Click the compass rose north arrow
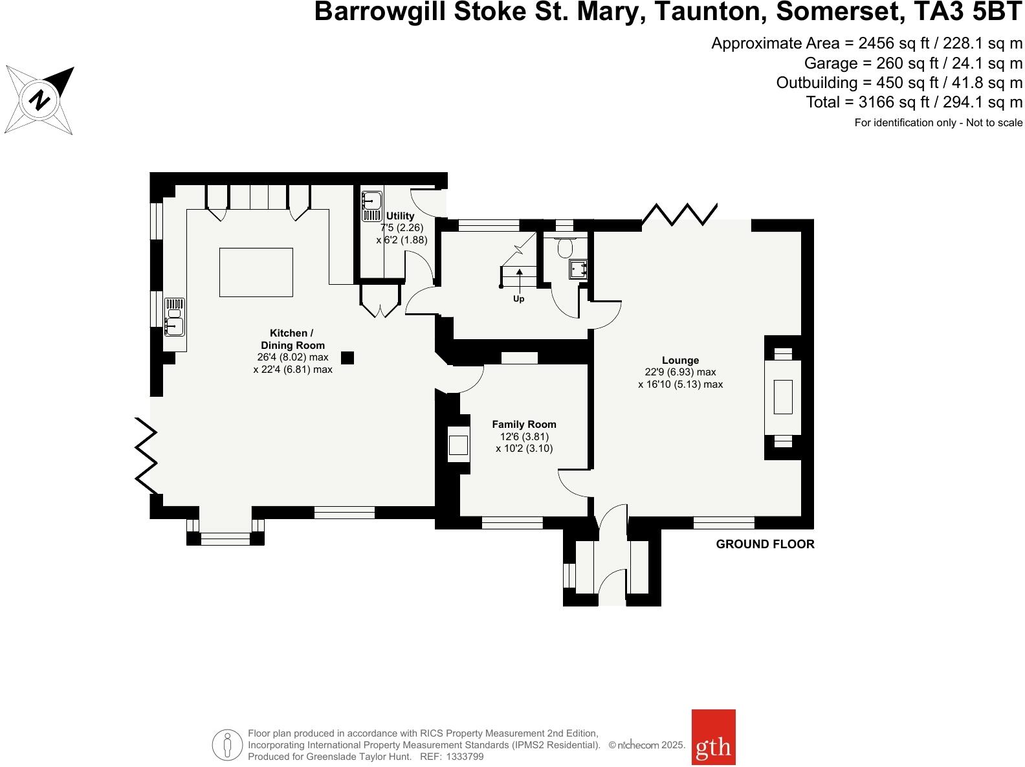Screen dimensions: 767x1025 40,100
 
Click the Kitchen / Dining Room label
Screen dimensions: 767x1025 292,339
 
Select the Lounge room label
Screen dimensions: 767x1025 680,361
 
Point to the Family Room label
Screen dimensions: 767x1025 524,425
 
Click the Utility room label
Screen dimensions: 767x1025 400,216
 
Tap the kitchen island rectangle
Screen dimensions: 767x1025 256,272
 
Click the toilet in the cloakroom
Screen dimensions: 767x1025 565,247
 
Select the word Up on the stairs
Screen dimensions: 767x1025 518,299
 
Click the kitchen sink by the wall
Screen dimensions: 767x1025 174,317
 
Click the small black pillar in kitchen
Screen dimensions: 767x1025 347,357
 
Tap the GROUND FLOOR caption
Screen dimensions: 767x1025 765,544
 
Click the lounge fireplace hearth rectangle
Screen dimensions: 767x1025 783,397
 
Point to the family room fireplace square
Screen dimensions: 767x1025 459,445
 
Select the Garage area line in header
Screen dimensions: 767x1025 912,63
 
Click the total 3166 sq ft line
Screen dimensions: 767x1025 914,102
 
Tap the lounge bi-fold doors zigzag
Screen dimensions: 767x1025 679,214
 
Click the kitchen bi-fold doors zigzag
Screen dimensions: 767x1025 146,456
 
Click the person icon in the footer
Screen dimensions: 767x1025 227,746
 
